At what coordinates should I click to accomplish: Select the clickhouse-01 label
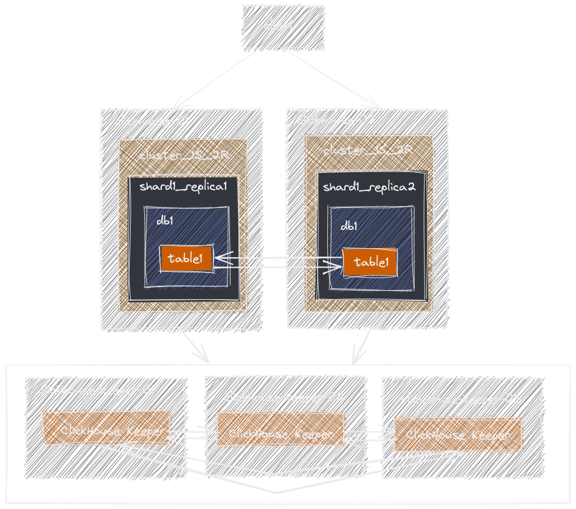(151, 121)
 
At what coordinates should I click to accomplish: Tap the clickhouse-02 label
(336, 120)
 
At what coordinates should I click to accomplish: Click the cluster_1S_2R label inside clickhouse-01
(184, 155)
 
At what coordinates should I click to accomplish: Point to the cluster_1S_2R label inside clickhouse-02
(368, 150)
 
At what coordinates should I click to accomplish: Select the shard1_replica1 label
(183, 186)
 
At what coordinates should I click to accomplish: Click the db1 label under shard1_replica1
(165, 221)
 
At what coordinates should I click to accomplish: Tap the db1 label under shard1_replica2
(349, 226)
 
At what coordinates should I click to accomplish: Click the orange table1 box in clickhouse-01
(186, 259)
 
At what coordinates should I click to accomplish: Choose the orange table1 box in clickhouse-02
(370, 263)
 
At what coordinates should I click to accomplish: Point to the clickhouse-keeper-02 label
(284, 398)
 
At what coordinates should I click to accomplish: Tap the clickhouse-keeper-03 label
(462, 400)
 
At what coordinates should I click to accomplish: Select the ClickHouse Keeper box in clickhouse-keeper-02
(280, 434)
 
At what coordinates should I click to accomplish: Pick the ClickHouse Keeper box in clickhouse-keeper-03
(457, 435)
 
